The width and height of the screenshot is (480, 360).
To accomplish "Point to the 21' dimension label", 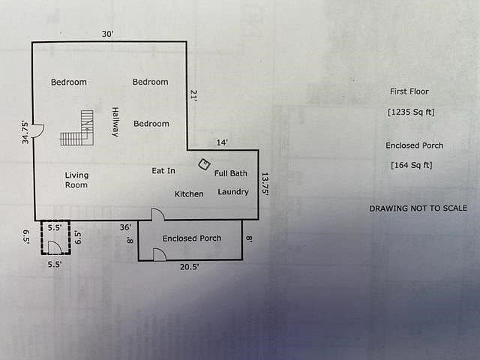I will [x=193, y=95].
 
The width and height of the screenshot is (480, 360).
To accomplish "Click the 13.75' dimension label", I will [x=265, y=184].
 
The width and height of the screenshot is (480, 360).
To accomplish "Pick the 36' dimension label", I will [x=125, y=226].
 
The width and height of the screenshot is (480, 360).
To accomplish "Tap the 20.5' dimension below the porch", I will [x=189, y=266].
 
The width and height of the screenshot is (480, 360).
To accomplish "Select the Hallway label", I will [x=115, y=121].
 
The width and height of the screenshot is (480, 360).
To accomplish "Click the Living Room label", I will [x=76, y=180].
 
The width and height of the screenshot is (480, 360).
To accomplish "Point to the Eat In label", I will [x=163, y=171].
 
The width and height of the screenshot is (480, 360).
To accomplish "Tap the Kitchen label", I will [x=189, y=194].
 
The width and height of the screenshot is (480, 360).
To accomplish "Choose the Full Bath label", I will [x=230, y=173].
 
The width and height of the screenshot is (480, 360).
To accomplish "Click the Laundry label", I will [x=233, y=192].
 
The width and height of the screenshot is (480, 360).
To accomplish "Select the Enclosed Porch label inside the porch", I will [x=192, y=238].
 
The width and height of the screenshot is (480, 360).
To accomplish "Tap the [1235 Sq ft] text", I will [x=411, y=112].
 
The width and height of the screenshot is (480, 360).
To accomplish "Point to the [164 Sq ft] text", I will [x=411, y=165].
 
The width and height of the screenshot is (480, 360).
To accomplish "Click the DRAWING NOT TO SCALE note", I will [x=418, y=208].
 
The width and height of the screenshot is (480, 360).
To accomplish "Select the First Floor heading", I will [x=409, y=91].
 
